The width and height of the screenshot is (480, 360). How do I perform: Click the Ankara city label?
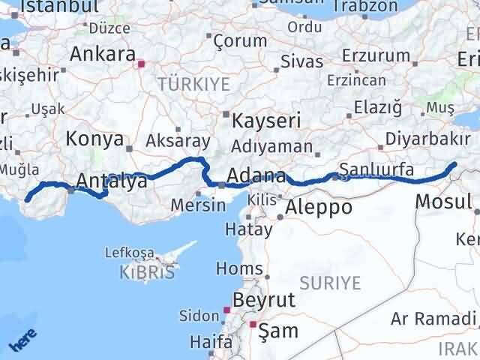[102, 54]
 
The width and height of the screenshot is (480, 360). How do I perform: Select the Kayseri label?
[266, 120]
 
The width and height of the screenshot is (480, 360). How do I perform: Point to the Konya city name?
[94, 139]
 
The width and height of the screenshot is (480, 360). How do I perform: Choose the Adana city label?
[256, 177]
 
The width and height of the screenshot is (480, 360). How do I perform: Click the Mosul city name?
[443, 201]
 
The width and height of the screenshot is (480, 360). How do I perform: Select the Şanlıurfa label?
[376, 169]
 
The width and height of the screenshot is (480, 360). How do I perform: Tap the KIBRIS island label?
[146, 272]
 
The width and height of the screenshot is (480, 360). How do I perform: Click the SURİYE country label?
[330, 283]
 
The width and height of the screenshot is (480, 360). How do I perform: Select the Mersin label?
[198, 204]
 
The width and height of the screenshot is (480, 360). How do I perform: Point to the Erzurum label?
[376, 55]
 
